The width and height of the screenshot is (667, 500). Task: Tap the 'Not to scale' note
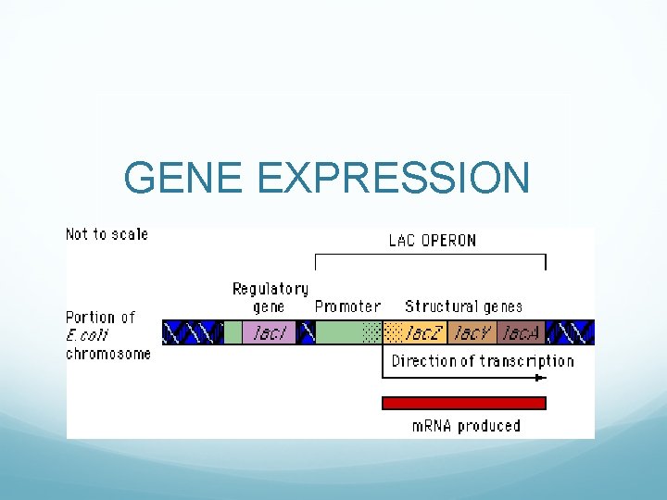[107, 234]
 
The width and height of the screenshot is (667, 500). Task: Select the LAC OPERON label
[432, 241]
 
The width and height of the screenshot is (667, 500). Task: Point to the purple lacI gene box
[271, 332]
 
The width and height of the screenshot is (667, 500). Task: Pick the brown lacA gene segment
[522, 332]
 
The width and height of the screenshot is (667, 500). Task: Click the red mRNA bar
[464, 403]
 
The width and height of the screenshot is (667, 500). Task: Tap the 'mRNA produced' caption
[466, 426]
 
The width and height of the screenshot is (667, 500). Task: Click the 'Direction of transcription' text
[482, 361]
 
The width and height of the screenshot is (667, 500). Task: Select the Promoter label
[347, 306]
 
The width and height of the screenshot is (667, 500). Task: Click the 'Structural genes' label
[463, 306]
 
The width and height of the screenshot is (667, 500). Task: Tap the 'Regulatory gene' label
[270, 297]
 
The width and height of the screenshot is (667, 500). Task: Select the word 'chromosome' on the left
[107, 354]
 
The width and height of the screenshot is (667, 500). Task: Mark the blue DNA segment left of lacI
[193, 332]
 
